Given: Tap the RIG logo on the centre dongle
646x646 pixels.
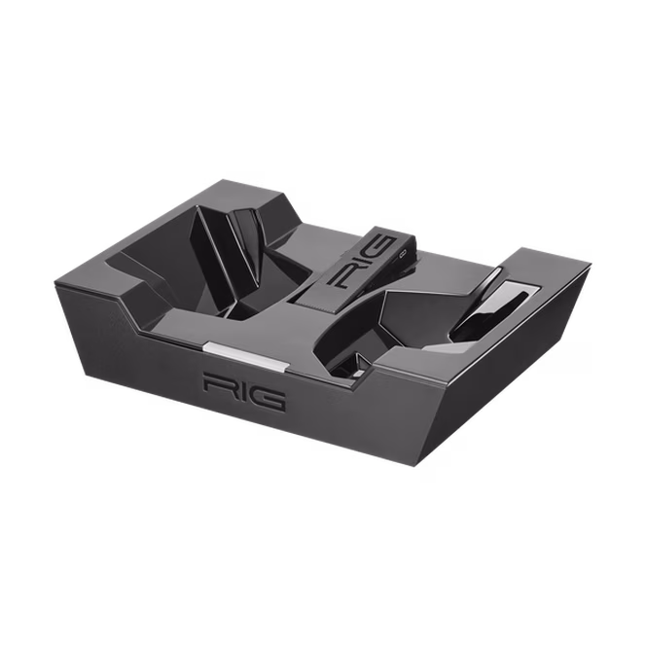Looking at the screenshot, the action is point(364,263).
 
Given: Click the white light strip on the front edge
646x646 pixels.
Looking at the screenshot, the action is point(245,356).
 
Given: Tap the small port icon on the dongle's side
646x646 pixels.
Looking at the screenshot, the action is point(403,256).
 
